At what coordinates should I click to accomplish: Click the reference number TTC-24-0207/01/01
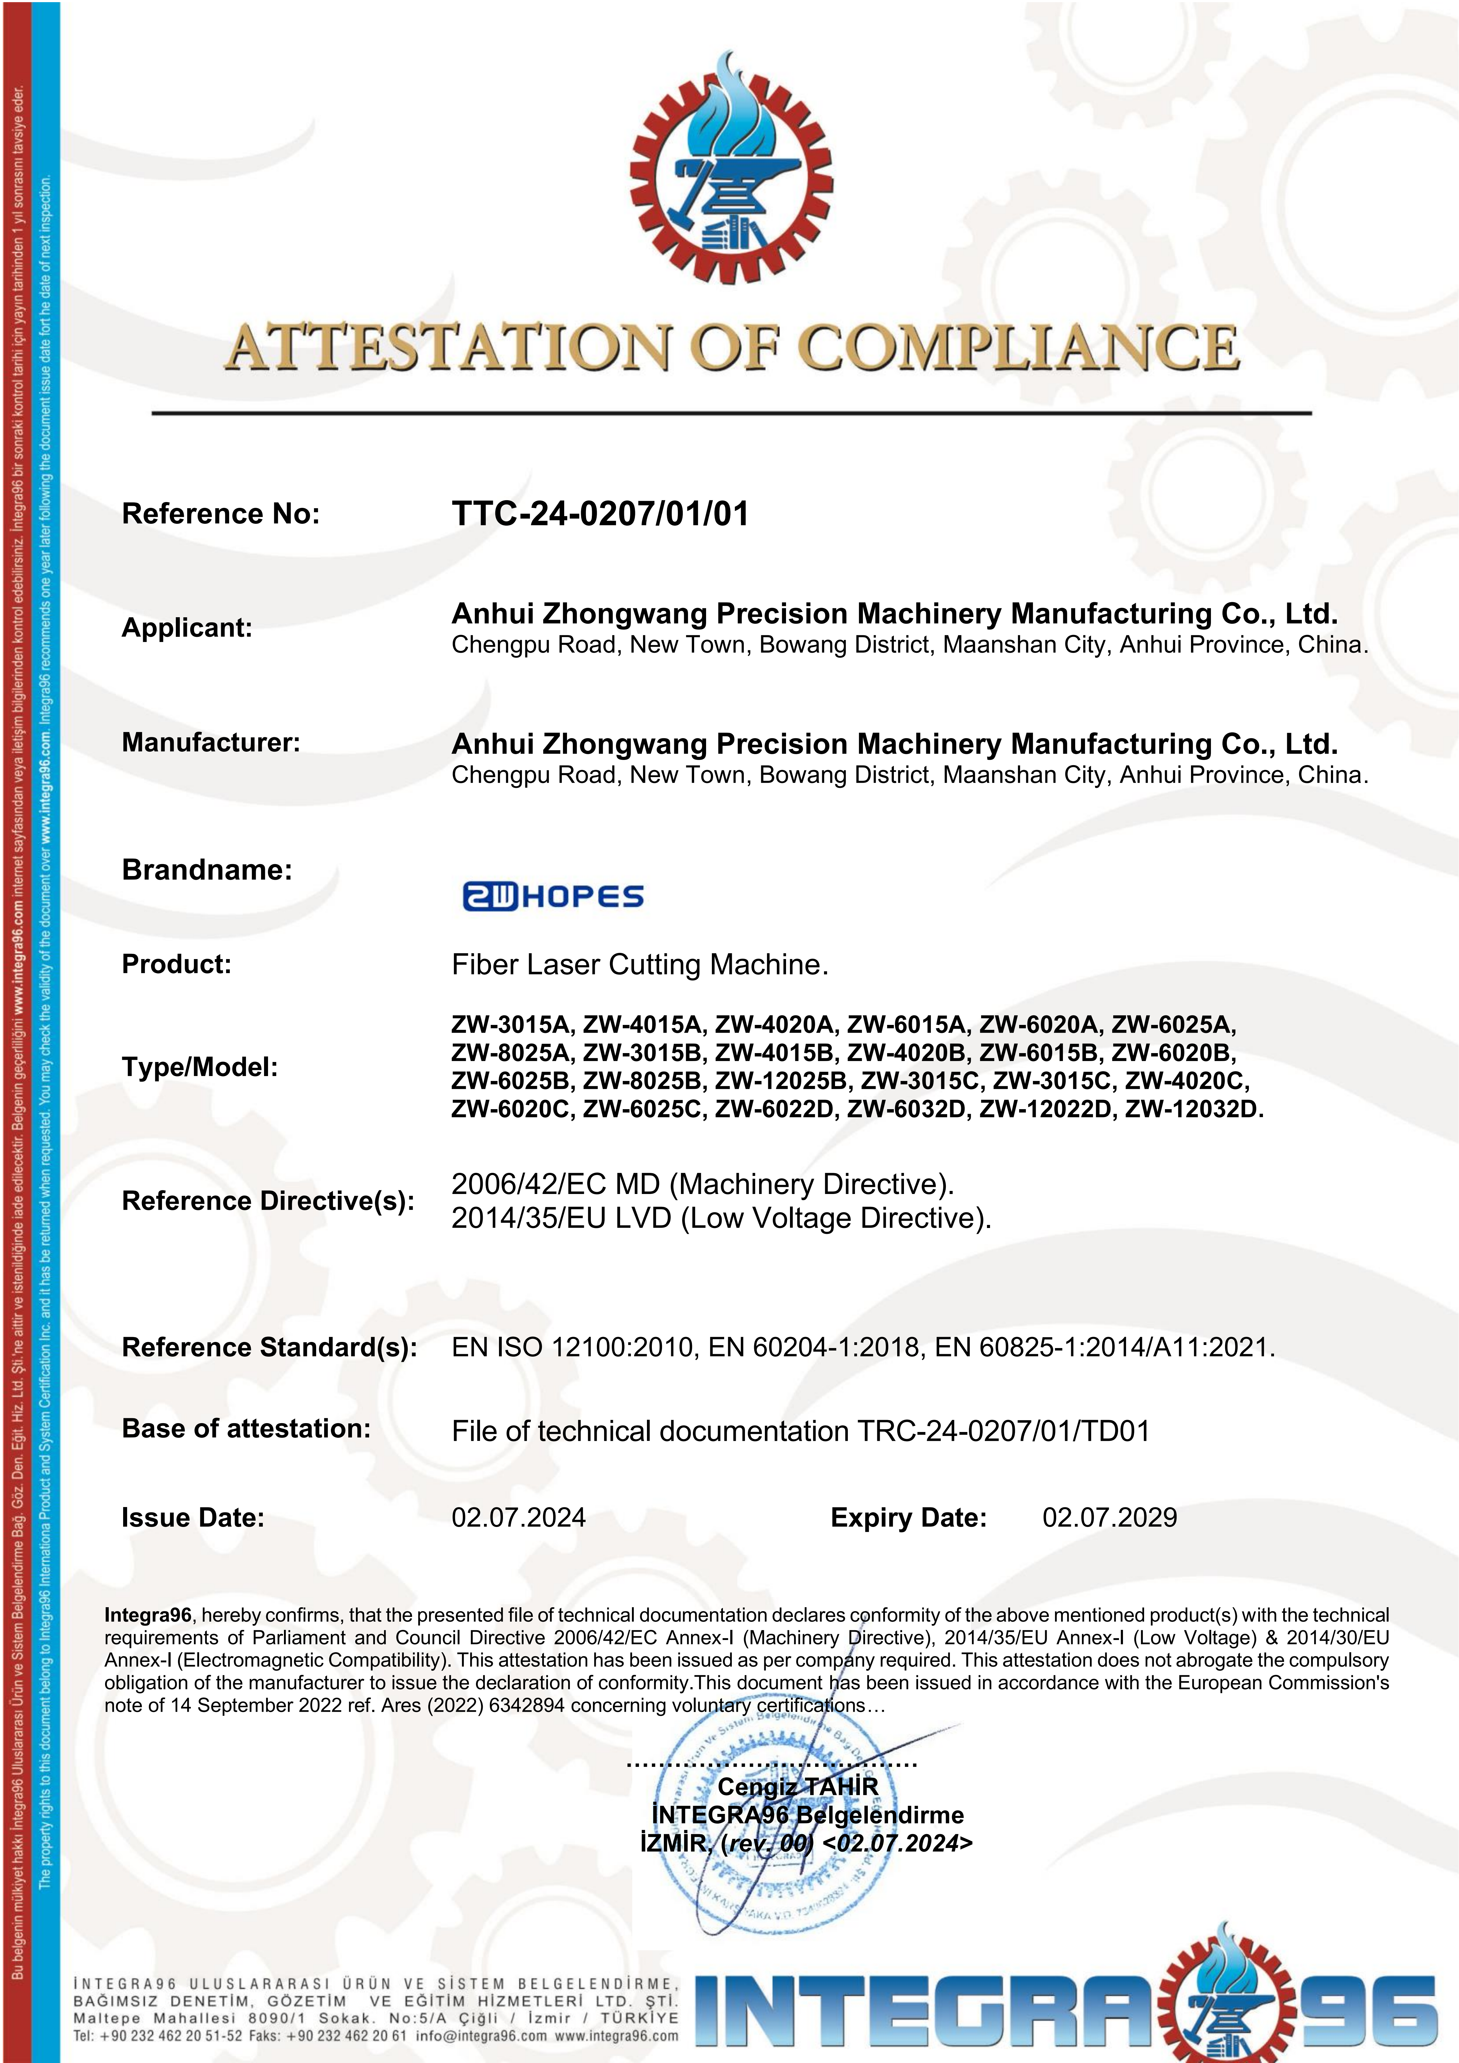[599, 514]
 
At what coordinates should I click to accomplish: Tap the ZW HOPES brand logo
[553, 896]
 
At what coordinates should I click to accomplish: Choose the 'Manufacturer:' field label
[210, 742]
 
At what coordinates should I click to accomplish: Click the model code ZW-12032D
[1193, 1109]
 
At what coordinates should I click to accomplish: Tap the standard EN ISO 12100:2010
[572, 1348]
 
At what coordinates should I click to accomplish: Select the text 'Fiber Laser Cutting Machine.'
[640, 965]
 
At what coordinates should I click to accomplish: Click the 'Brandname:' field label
[207, 870]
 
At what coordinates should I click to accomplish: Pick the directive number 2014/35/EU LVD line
[720, 1219]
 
